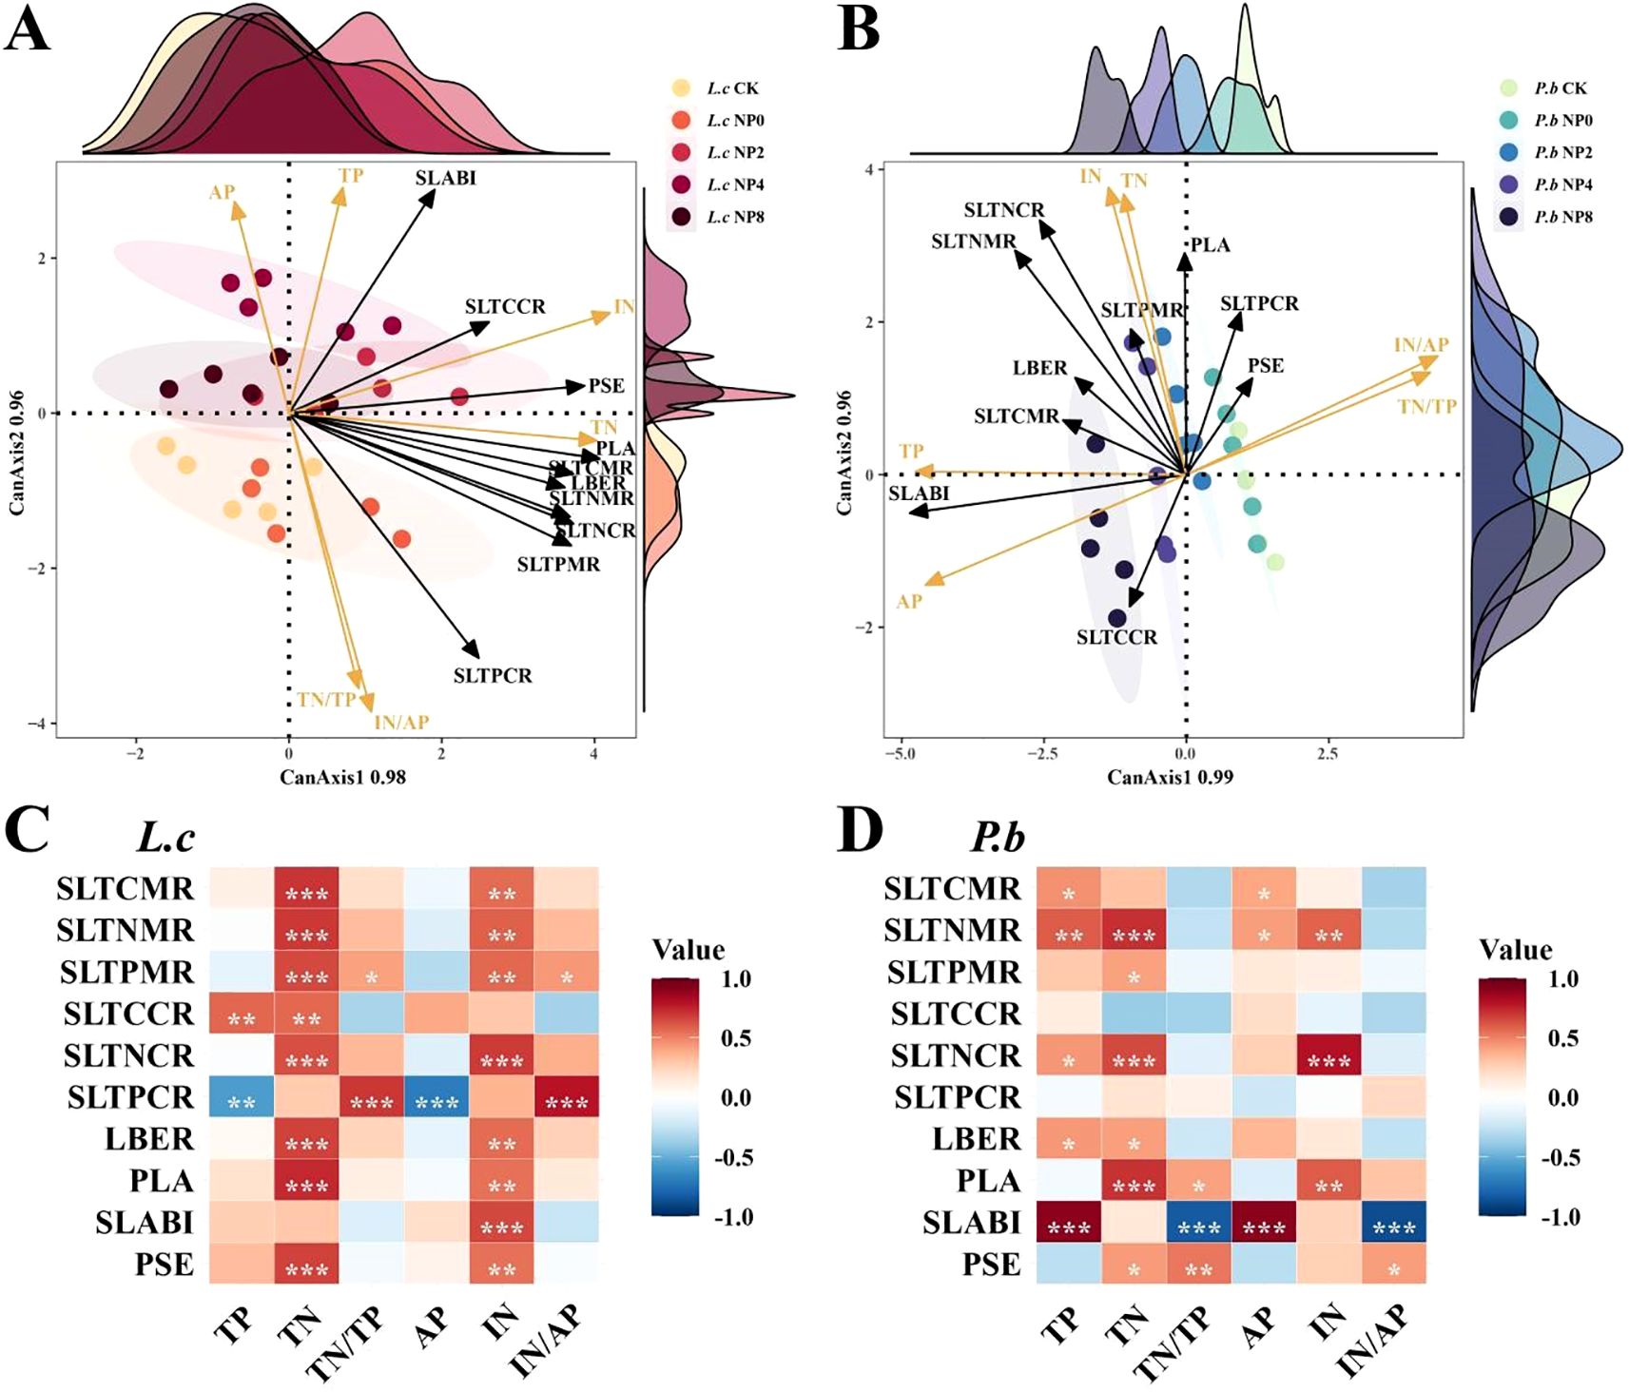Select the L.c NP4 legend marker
click(x=681, y=184)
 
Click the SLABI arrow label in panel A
click(x=445, y=178)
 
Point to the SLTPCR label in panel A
click(x=493, y=676)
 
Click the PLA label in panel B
click(x=1210, y=245)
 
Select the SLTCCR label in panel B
click(x=1116, y=637)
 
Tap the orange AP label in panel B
click(x=909, y=602)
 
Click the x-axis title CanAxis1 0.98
click(x=342, y=777)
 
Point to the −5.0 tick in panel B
click(x=900, y=754)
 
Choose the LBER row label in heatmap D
click(x=976, y=1139)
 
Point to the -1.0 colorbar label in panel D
click(x=1561, y=1217)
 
